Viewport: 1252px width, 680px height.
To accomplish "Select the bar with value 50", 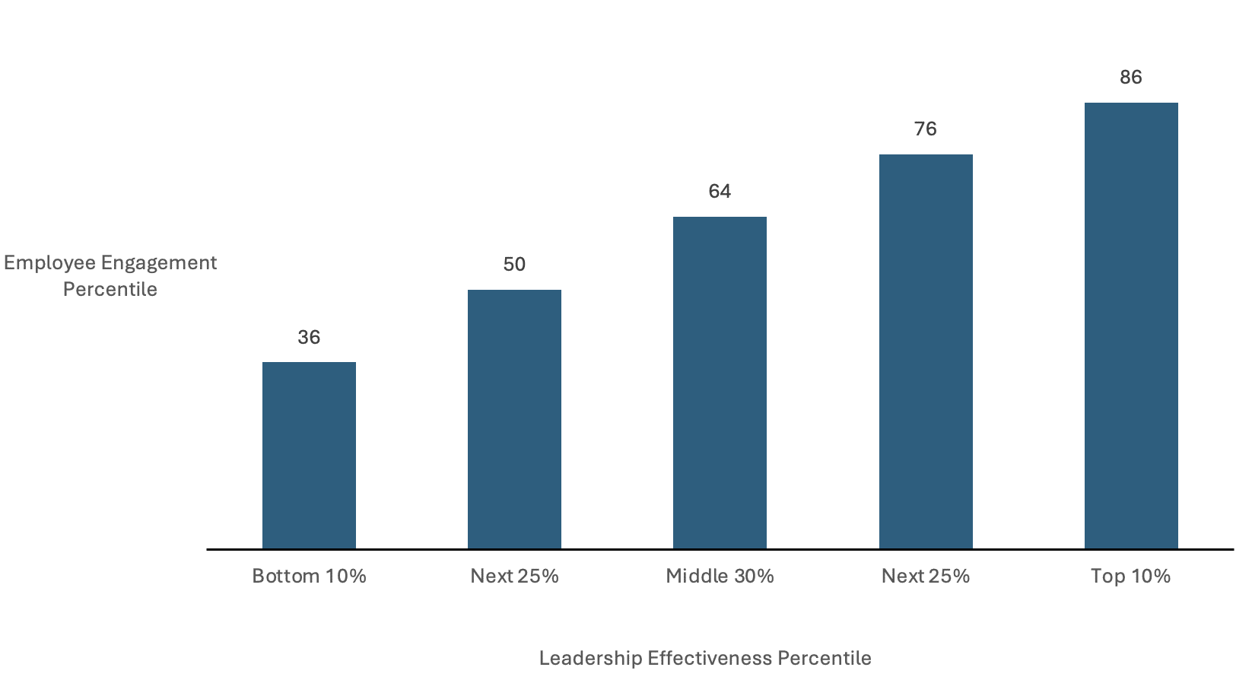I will coord(514,419).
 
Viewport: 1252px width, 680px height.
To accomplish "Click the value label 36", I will coord(309,337).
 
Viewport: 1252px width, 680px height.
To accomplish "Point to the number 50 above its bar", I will coord(514,264).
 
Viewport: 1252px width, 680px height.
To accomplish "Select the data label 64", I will coord(720,191).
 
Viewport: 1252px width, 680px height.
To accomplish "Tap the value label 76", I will coord(926,129).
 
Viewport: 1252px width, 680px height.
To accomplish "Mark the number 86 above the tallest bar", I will coord(1131,77).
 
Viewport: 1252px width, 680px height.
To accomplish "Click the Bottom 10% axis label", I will coord(309,576).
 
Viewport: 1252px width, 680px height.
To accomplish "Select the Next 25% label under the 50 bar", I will coord(514,576).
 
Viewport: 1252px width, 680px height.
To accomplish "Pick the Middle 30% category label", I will coord(720,576).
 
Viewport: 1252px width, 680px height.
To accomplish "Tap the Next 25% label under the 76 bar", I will coord(926,576).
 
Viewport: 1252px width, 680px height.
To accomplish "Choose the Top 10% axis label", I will coord(1131,576).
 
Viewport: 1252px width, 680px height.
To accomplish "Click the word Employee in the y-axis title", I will coord(49,263).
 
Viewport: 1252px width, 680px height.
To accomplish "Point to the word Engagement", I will coord(159,263).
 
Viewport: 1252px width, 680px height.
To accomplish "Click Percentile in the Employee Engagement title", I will coord(110,289).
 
